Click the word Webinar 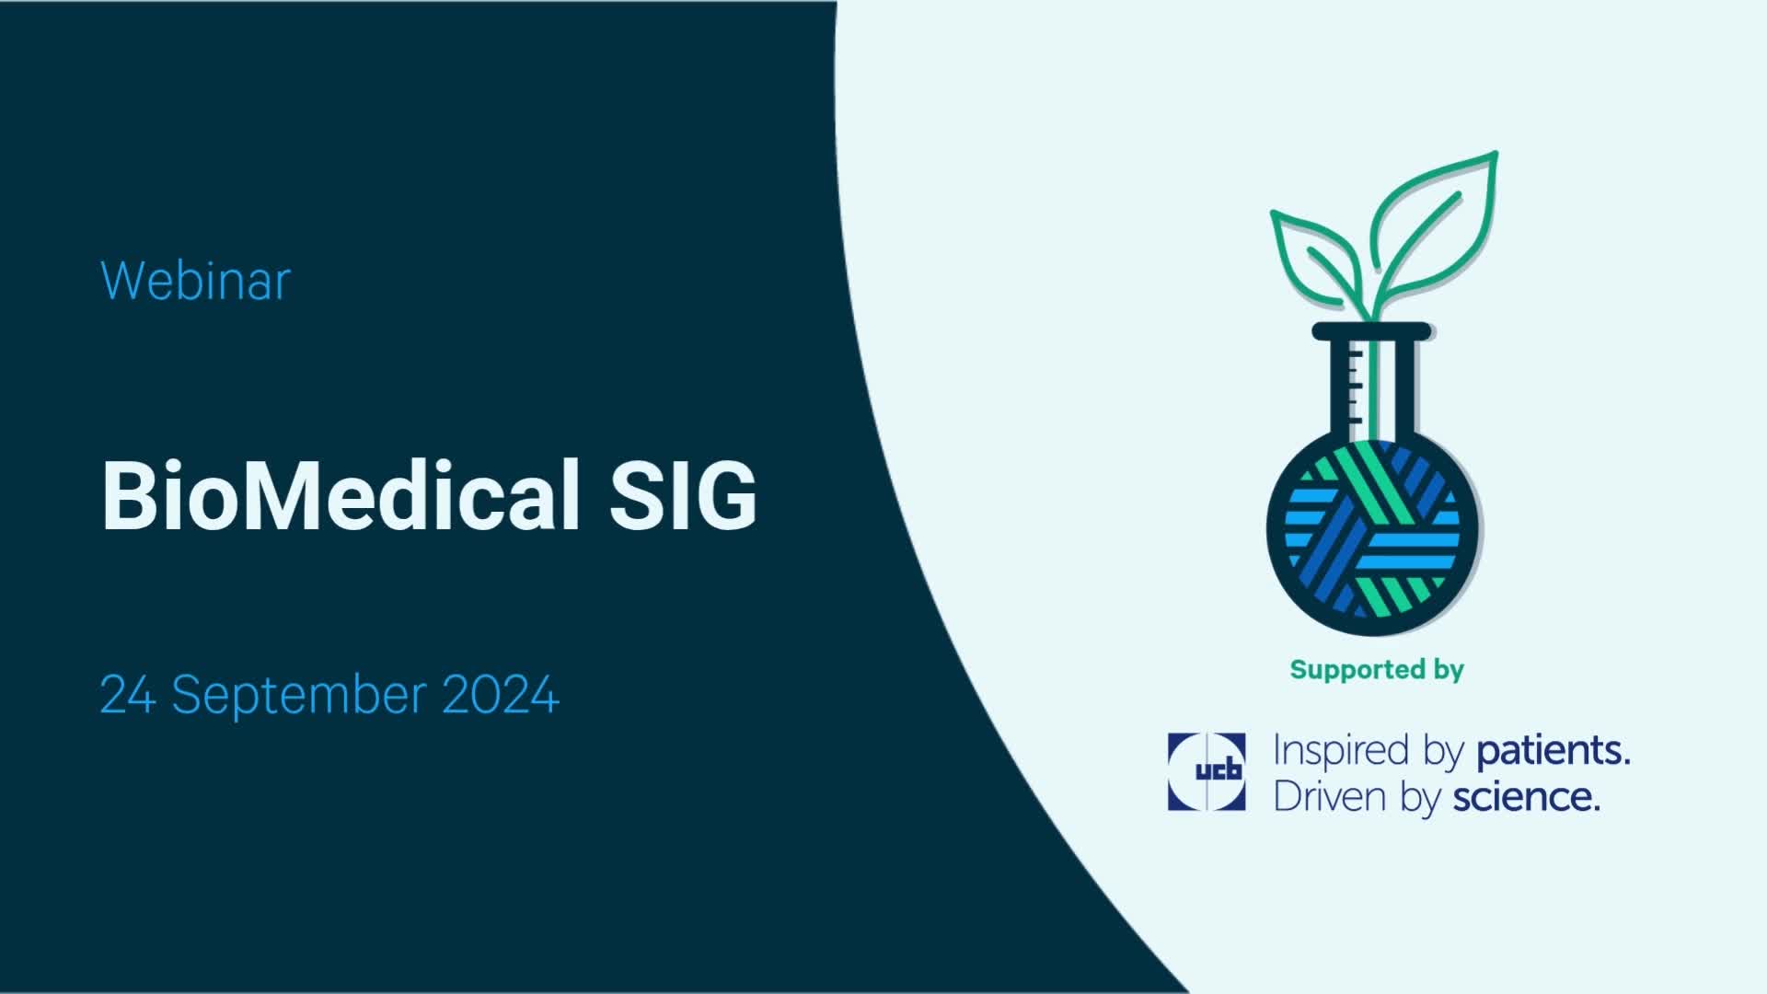pos(195,281)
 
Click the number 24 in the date pos(127,694)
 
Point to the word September pos(298,696)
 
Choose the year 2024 pos(501,694)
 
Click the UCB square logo pos(1206,771)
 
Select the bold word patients pos(1553,751)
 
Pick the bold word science pos(1526,797)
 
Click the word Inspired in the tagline pos(1345,751)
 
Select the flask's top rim pos(1371,330)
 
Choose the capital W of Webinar pos(121,280)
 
